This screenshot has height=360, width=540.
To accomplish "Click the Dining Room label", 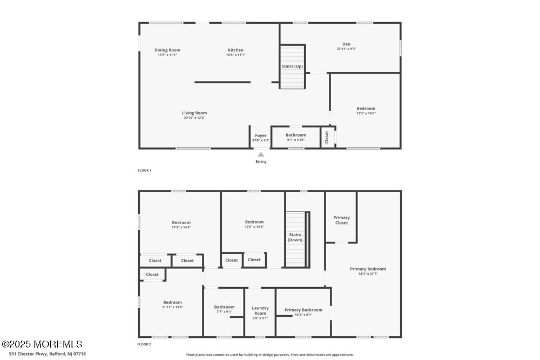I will click(x=167, y=50).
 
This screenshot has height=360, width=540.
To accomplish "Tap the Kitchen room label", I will click(x=235, y=50).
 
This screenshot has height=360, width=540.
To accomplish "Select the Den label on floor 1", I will click(x=346, y=44).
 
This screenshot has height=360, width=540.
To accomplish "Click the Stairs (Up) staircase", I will click(x=292, y=67).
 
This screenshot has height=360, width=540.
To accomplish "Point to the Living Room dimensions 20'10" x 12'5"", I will click(x=194, y=118).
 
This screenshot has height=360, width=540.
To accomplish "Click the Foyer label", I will click(x=261, y=135).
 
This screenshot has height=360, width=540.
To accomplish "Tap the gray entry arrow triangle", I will click(x=261, y=154).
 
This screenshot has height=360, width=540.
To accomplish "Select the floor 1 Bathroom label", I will click(x=296, y=135).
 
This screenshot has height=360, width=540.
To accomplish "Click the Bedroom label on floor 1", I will click(x=366, y=108).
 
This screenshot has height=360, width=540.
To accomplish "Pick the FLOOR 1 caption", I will click(x=144, y=171).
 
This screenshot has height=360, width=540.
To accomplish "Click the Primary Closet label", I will click(x=341, y=220).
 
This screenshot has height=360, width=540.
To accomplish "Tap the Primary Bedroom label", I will click(x=368, y=269).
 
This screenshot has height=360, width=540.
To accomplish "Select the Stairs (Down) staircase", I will click(x=295, y=237).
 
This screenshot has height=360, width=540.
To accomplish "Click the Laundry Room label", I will click(x=260, y=310).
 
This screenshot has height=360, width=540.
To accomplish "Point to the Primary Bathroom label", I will click(x=303, y=310).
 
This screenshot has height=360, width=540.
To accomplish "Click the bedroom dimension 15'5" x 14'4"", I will click(x=181, y=227).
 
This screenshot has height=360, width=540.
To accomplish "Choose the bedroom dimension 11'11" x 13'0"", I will click(x=173, y=307).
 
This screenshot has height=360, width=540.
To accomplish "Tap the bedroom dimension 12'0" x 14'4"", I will click(x=254, y=227).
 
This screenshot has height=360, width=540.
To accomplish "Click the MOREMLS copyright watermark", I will click(x=42, y=344).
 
